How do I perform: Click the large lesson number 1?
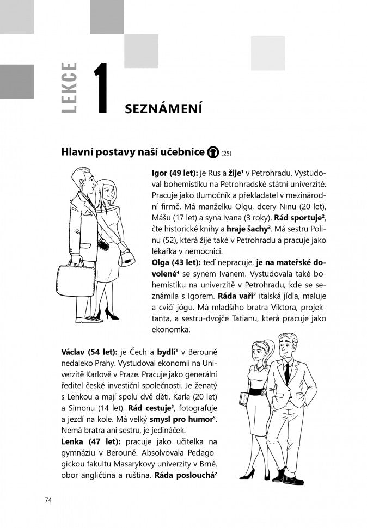[x=103, y=89]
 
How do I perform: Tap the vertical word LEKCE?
[x=70, y=89]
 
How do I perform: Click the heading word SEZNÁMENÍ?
[x=163, y=109]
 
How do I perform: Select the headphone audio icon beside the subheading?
[x=214, y=152]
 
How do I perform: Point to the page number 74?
[x=48, y=501]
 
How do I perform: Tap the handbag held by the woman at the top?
[x=127, y=256]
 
